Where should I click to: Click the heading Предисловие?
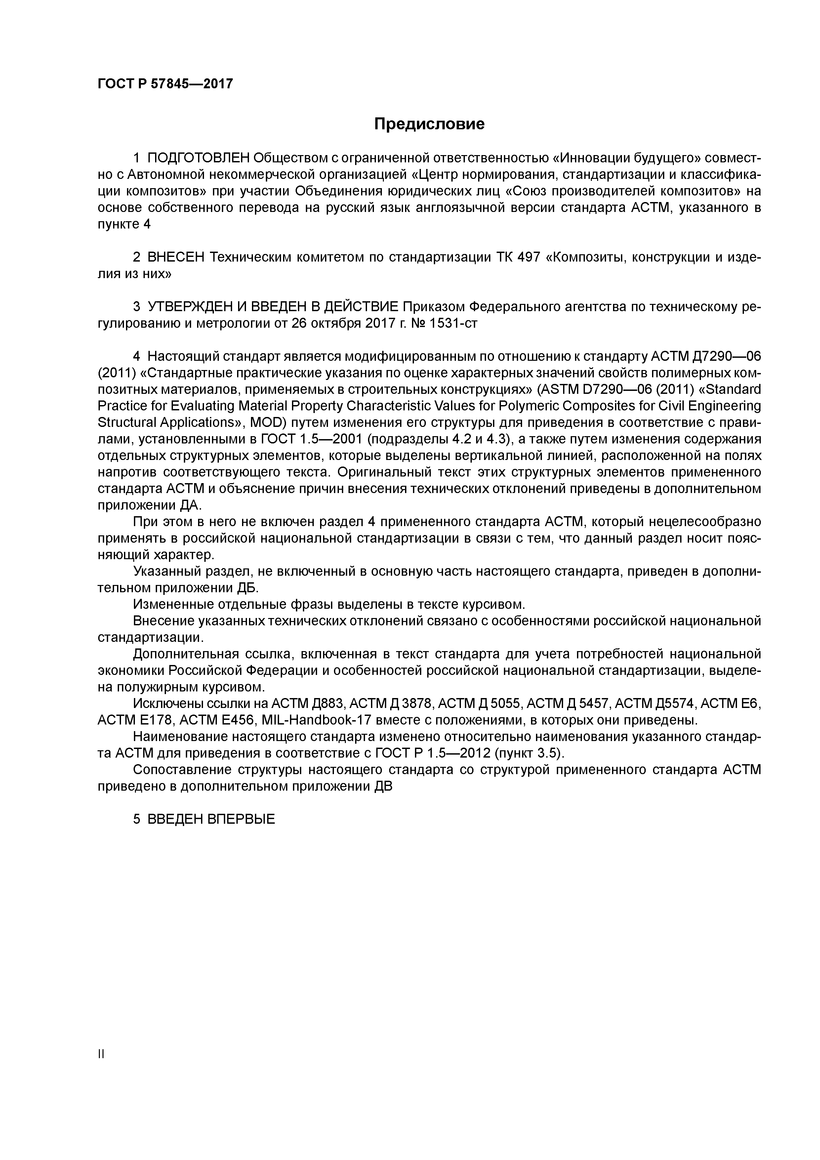point(429,124)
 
